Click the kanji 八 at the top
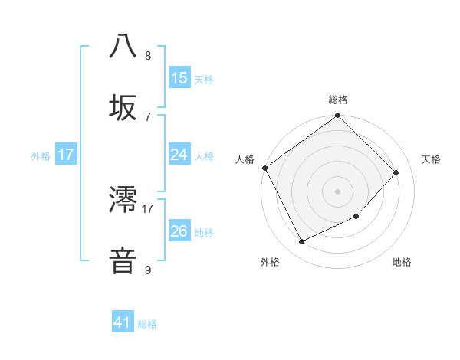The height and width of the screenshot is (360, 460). pos(123,46)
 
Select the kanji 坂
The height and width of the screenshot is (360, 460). pos(123,106)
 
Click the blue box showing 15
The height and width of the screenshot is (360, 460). pos(179,78)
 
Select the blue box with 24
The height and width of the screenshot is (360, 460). pos(179,155)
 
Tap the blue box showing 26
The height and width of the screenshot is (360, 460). pos(179,231)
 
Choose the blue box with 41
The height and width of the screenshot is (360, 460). pos(123,322)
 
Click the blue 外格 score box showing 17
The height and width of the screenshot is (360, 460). pos(66,155)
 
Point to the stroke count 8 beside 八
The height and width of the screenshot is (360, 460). pos(148,55)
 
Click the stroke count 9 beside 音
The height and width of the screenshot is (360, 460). pos(148,270)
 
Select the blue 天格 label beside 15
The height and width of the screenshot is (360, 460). pos(204,79)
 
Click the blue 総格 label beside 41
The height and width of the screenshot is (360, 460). pos(147,324)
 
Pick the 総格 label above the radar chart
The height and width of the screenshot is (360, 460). pos(338,100)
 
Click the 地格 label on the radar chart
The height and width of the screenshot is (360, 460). pos(402,262)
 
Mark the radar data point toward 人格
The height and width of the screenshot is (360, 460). pos(265,168)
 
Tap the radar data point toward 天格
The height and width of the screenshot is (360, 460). pos(396,172)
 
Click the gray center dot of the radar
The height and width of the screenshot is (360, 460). pos(338,191)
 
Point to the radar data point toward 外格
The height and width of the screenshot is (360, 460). pos(302,242)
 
